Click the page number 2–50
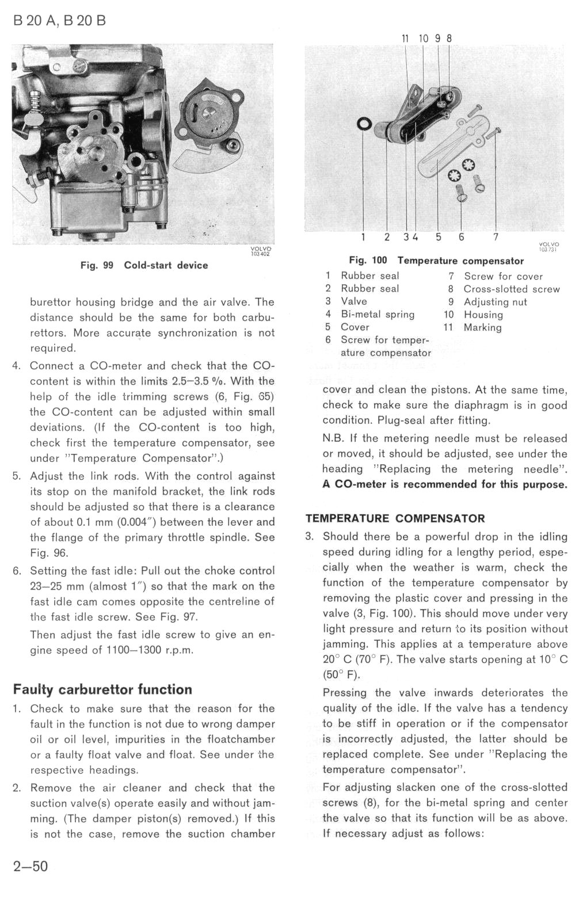tap(31, 866)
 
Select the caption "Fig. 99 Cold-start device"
tap(144, 265)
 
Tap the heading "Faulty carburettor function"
tap(102, 689)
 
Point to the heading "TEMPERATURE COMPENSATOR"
tap(395, 518)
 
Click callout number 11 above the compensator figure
tap(405, 39)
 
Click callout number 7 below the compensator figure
tap(496, 237)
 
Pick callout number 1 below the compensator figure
tap(363, 237)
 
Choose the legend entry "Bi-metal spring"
tap(377, 314)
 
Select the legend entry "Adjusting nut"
tap(495, 302)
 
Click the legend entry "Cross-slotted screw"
tap(511, 289)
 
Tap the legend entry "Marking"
tap(482, 327)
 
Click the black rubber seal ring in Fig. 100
tap(364, 123)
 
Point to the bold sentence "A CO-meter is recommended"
tap(444, 484)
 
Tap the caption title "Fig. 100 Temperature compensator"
tap(436, 261)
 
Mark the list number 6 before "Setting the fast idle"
tap(17, 571)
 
